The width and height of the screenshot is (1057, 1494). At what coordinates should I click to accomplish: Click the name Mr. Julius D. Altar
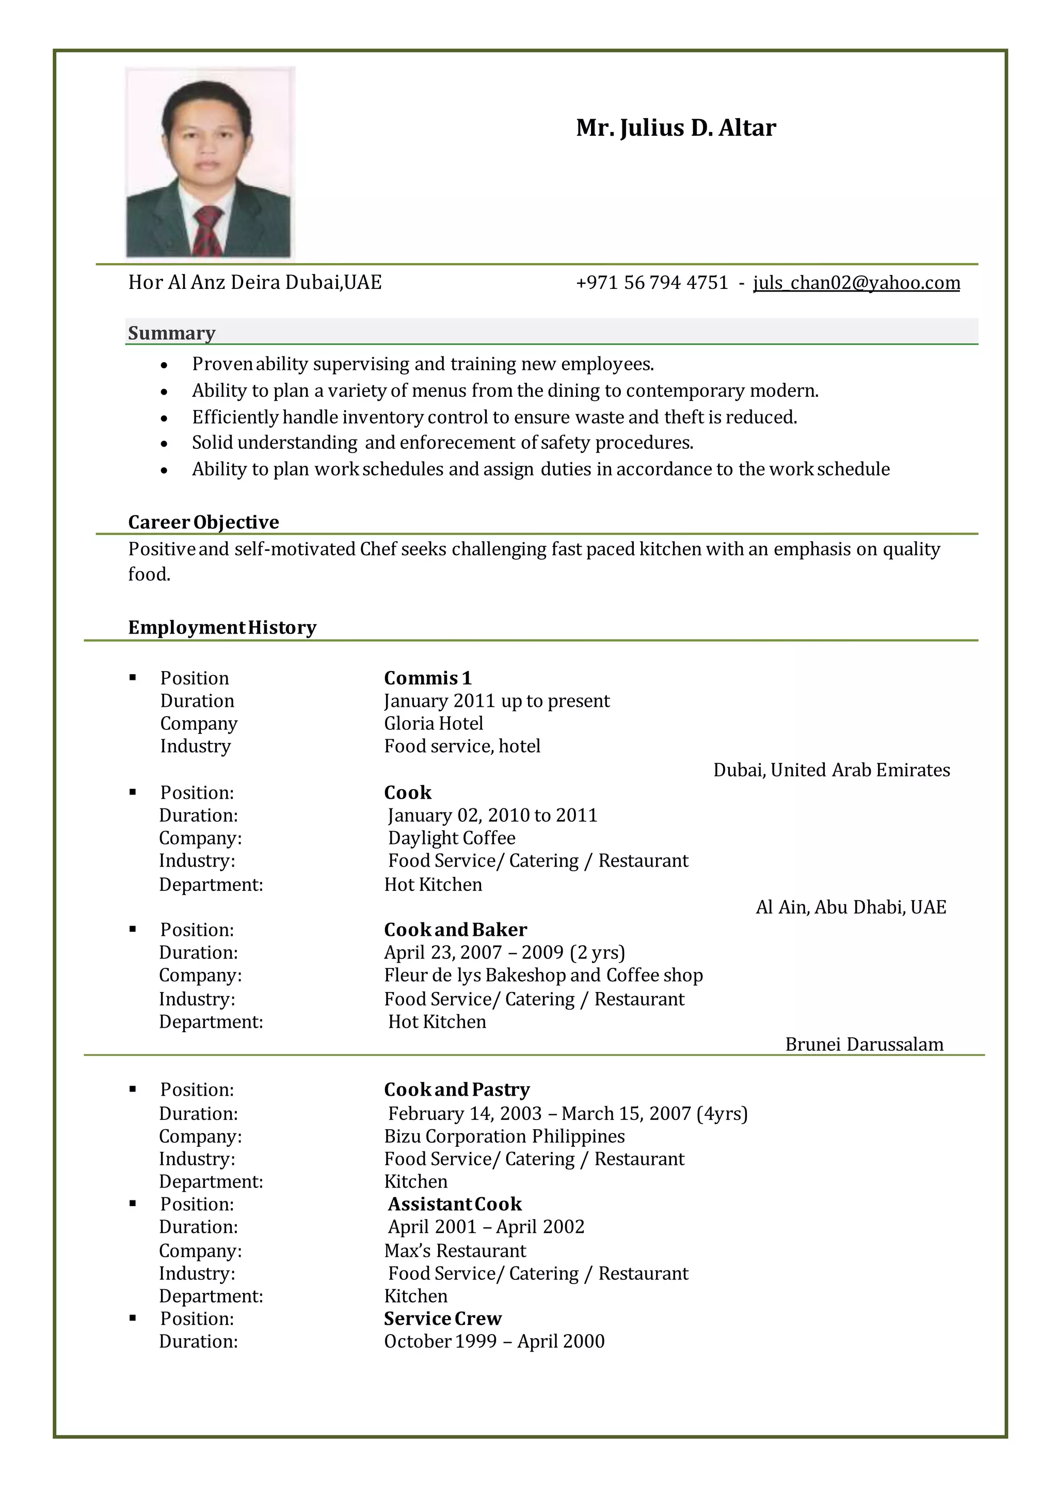point(676,127)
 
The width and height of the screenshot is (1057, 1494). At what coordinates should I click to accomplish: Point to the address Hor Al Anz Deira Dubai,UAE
point(254,282)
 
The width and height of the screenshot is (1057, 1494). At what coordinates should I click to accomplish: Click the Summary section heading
point(171,333)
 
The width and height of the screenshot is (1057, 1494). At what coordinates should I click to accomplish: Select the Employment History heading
point(222,627)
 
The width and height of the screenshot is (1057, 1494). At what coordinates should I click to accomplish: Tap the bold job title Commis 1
point(427,678)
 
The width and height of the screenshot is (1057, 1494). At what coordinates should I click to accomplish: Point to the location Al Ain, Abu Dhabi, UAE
point(851,906)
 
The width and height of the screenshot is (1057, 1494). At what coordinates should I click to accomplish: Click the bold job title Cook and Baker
point(455,929)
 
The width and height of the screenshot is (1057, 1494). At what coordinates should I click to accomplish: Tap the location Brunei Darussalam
point(863,1044)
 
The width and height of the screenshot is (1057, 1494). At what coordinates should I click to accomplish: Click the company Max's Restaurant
point(455,1250)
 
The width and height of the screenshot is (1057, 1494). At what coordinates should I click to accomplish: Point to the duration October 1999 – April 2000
point(494,1341)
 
